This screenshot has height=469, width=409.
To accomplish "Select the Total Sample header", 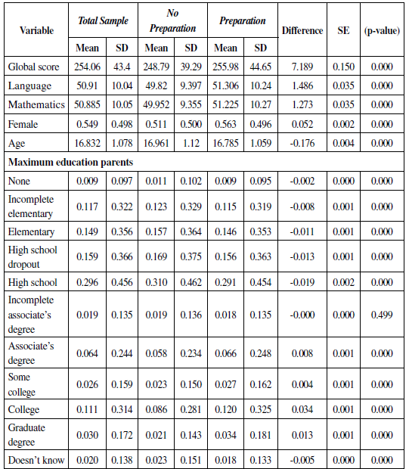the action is [104, 21].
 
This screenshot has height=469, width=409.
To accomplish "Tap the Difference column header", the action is [302, 31].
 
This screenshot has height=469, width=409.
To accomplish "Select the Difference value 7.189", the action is [302, 67].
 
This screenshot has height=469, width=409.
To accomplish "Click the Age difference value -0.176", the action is [302, 142].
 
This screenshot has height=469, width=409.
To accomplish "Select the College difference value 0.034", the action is [302, 409].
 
